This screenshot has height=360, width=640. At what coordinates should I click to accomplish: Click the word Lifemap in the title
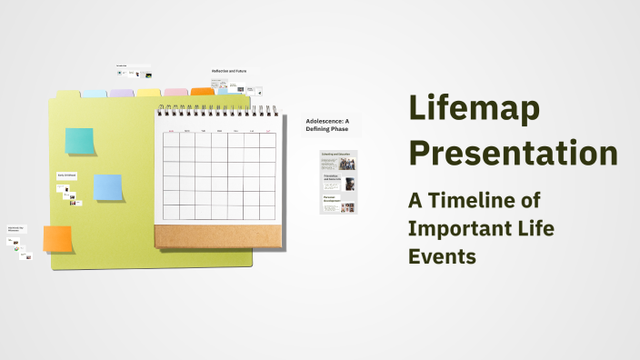pos(474,109)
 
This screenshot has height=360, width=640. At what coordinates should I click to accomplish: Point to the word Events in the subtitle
pos(442,256)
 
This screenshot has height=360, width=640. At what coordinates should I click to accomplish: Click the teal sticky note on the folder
pos(79,142)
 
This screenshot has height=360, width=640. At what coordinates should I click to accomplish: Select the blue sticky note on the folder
pos(108,187)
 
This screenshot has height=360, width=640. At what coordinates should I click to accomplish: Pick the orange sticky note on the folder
pos(58,239)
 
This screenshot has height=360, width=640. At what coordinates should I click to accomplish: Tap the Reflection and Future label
pos(229,71)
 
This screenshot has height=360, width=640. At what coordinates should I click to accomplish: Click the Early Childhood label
pos(67,175)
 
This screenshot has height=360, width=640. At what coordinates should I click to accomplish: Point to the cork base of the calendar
pos(218,236)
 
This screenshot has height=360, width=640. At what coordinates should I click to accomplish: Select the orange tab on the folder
pos(203,92)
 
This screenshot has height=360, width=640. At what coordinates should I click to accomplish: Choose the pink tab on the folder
pos(175,93)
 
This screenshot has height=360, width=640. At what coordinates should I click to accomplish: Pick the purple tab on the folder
pos(121,93)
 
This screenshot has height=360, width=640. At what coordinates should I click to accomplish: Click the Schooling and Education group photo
pos(347,165)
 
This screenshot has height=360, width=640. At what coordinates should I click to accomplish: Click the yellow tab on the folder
pos(148,93)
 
